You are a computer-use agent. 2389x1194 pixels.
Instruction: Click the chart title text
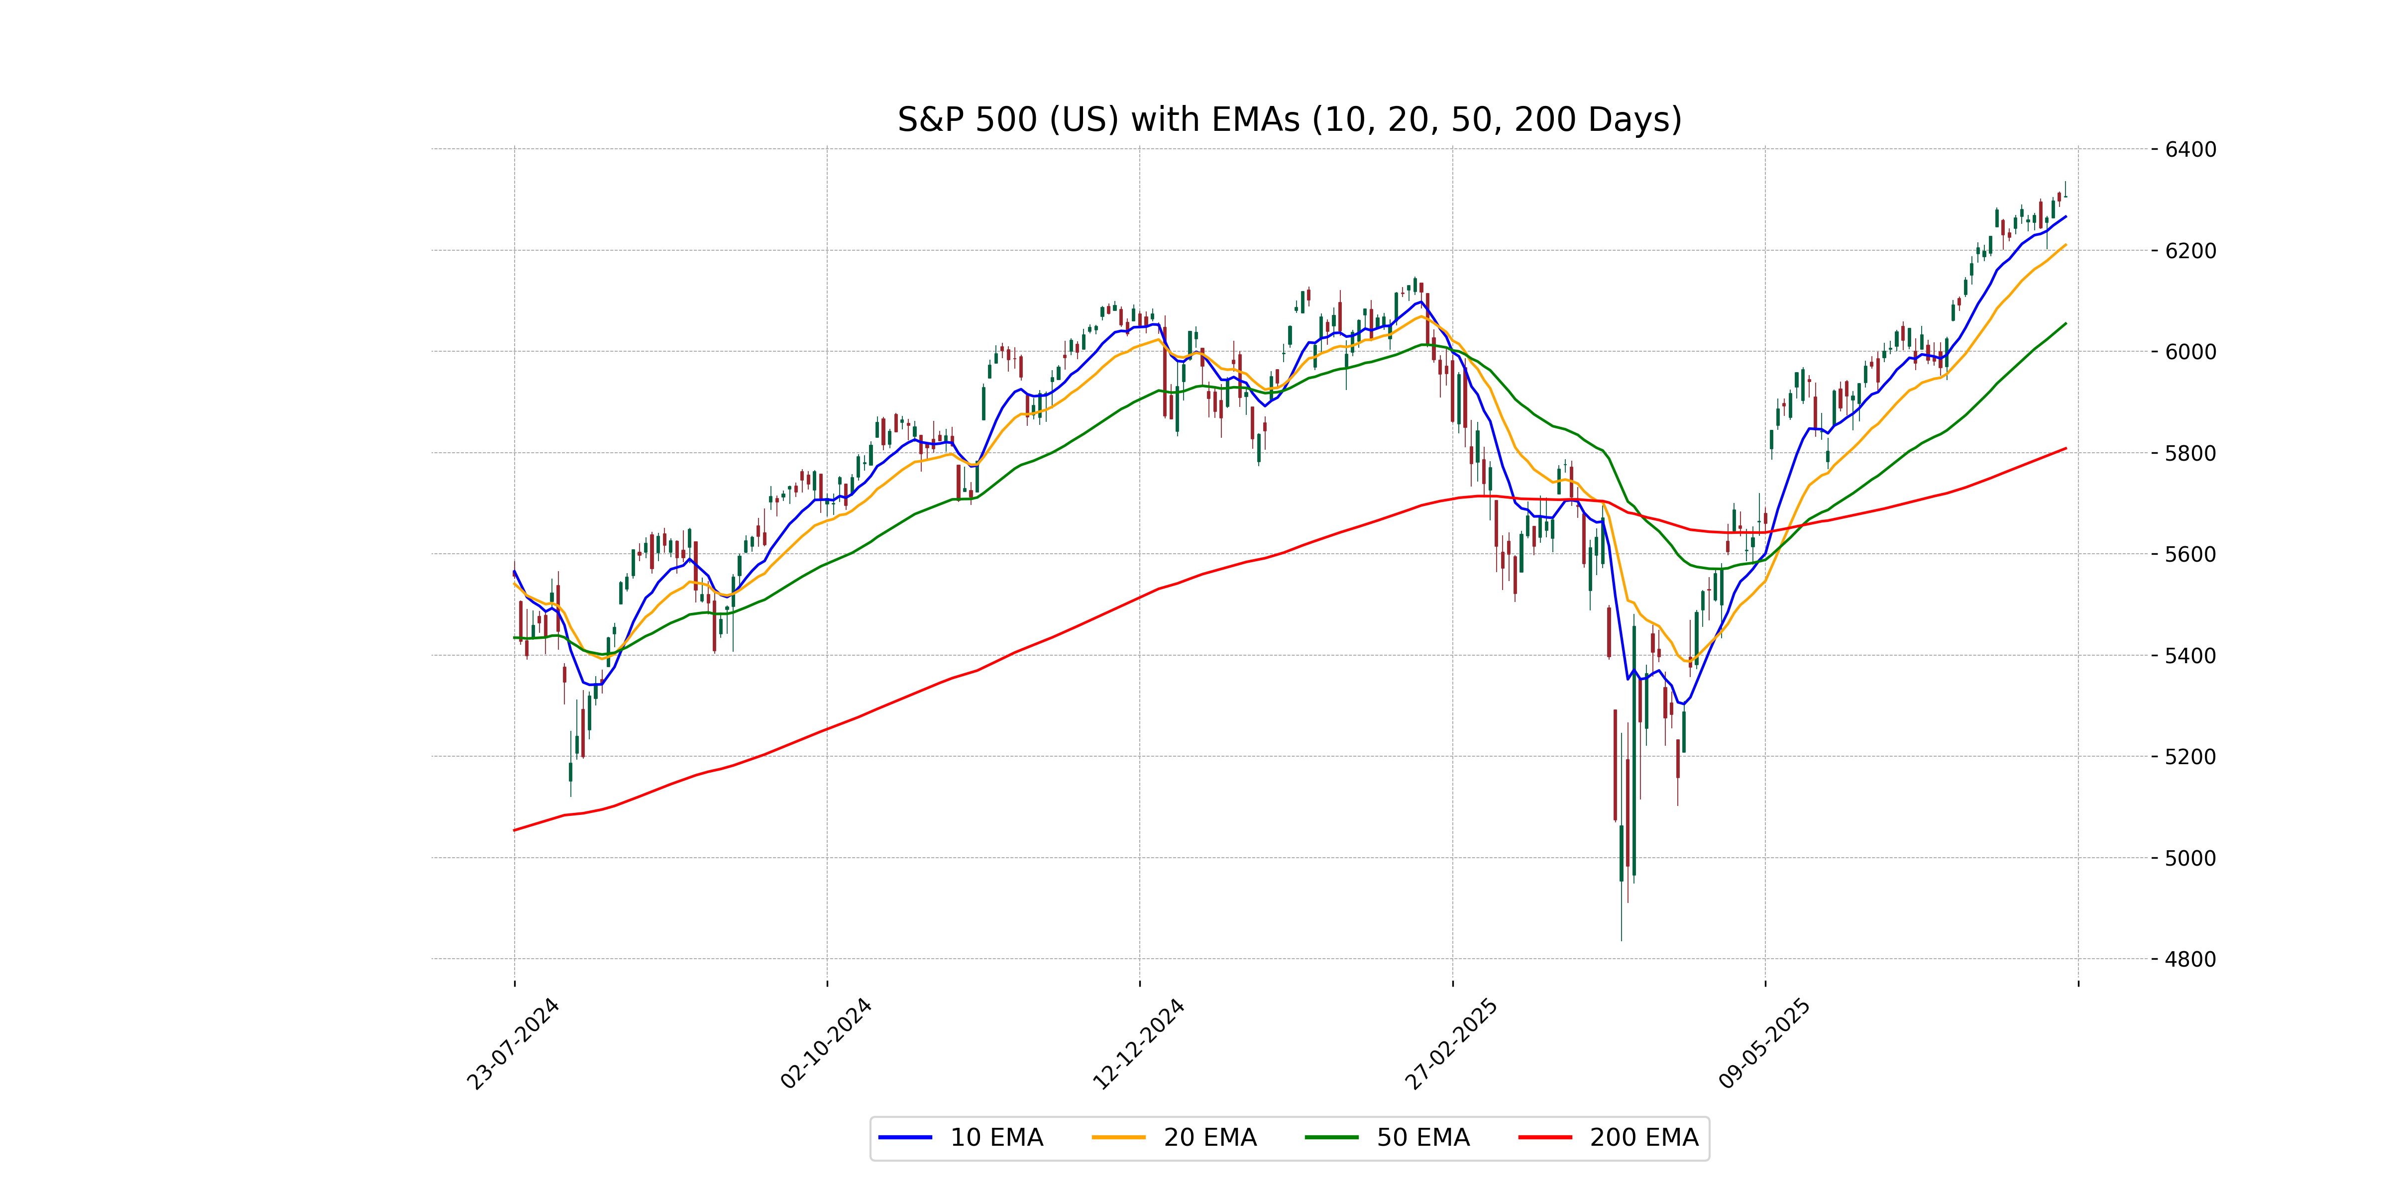point(1289,119)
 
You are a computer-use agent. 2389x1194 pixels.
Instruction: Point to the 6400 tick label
point(2190,149)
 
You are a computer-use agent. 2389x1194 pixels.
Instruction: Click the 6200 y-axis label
point(2190,250)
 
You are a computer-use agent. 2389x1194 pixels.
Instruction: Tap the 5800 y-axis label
point(2190,453)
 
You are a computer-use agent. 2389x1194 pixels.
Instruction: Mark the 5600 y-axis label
point(2190,554)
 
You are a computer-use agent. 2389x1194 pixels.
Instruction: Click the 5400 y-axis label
point(2190,655)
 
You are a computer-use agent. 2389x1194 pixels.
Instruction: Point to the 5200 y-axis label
point(2190,756)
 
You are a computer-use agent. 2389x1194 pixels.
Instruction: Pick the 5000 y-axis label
point(2190,858)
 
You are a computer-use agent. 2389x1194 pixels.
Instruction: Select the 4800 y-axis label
point(2190,960)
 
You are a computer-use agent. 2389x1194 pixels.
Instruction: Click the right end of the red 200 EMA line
point(2065,449)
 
